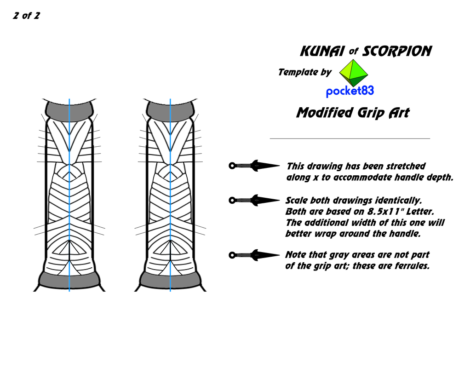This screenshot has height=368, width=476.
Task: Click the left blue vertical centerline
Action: tap(69, 193)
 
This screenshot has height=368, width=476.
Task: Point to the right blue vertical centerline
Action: tap(170, 193)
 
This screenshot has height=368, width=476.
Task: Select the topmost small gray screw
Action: tap(244, 166)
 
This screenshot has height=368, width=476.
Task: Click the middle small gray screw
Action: tap(244, 201)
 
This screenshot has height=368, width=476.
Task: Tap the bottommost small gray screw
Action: tap(244, 255)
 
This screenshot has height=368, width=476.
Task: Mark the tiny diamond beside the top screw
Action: tap(257, 166)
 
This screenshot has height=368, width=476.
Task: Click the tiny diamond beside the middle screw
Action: tap(257, 201)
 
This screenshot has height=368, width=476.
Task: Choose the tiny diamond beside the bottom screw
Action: tap(257, 255)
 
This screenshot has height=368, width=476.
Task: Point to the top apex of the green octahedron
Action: tap(353, 60)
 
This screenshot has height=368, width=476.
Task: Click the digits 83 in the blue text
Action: tap(367, 91)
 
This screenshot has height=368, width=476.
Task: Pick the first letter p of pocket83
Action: tap(329, 92)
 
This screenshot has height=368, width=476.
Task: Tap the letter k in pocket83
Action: tap(349, 91)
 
